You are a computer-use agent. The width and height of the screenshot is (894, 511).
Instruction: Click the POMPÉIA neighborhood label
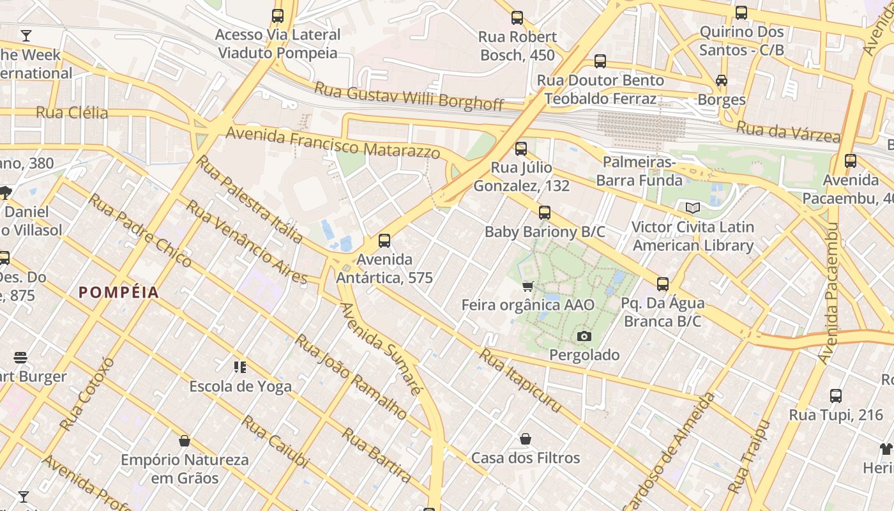[x=119, y=293]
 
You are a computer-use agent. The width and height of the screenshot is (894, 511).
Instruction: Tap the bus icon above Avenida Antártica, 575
[x=384, y=241]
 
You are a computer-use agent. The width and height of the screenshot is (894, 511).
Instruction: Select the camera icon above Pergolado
[x=584, y=336]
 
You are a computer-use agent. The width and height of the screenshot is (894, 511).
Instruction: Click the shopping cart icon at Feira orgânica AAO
[x=527, y=286]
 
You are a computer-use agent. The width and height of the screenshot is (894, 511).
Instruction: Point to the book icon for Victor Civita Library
[x=692, y=208]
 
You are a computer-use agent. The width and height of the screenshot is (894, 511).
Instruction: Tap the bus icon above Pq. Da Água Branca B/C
[x=663, y=284]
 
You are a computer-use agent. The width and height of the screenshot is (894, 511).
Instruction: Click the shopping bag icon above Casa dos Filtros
[x=526, y=439]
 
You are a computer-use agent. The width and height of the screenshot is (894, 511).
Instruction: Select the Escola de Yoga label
[x=240, y=386]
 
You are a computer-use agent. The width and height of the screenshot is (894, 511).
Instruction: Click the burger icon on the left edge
[x=20, y=358]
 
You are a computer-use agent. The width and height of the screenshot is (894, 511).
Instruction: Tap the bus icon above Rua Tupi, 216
[x=835, y=396]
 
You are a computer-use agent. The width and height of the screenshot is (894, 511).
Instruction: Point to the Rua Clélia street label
[x=72, y=113]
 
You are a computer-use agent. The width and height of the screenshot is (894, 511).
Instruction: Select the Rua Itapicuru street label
[x=520, y=381]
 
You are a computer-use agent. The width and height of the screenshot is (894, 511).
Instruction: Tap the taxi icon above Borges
[x=722, y=80]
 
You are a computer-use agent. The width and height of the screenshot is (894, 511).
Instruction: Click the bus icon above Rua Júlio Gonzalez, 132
[x=521, y=149]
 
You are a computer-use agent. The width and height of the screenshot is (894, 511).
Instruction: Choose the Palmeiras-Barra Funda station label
[x=639, y=171]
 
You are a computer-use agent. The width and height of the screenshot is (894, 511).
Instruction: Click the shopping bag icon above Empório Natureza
[x=185, y=441]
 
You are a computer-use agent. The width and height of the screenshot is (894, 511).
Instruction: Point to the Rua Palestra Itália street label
[x=250, y=199]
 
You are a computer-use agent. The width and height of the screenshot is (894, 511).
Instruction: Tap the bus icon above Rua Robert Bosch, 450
[x=517, y=18]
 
